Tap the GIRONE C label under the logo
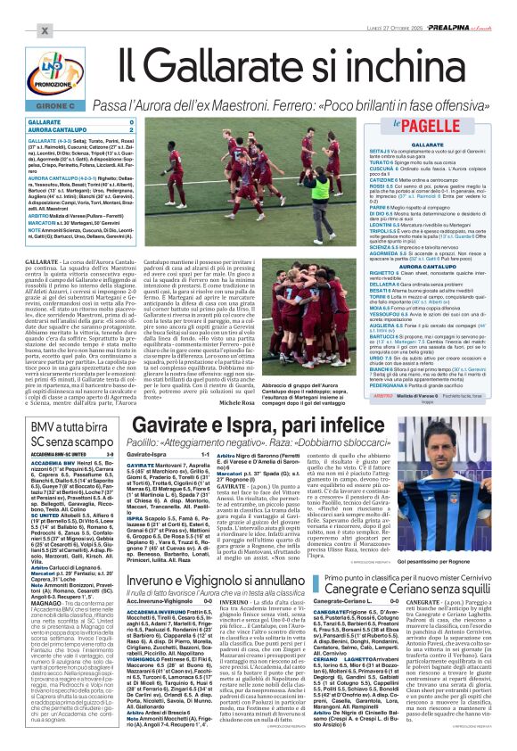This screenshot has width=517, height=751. [x=32, y=106]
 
